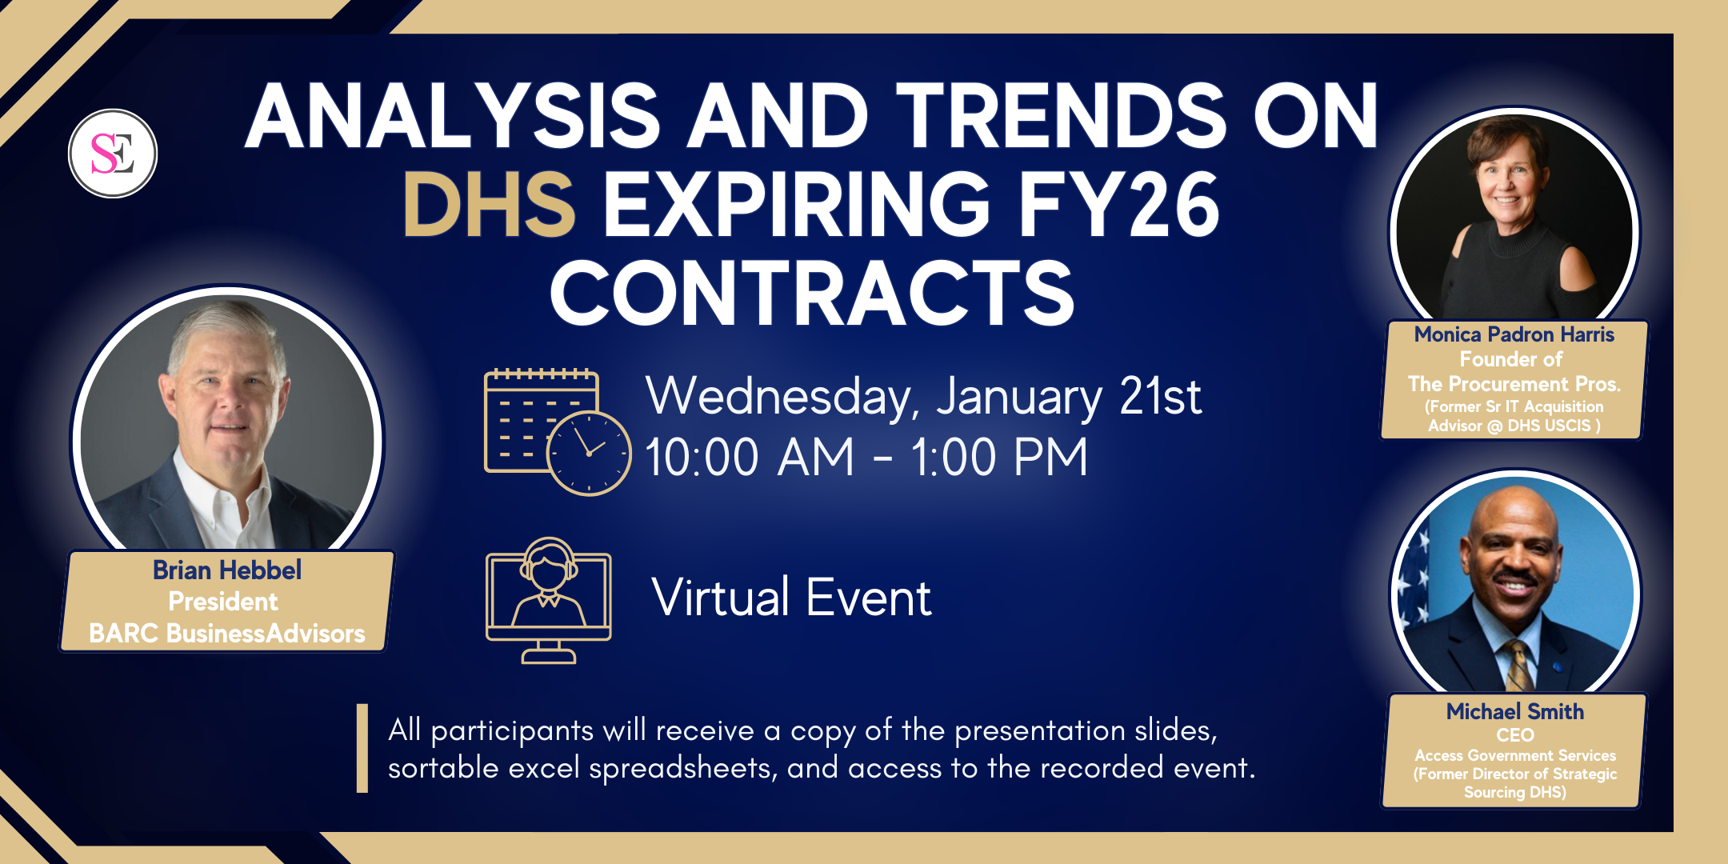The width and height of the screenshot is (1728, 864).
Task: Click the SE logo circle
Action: coord(113,154)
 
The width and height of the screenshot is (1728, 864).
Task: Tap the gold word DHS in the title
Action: coord(489,205)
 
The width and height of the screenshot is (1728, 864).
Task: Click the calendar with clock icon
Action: coord(558,432)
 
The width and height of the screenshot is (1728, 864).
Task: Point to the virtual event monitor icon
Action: coord(549,600)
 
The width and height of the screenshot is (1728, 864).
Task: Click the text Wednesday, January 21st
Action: coord(924,397)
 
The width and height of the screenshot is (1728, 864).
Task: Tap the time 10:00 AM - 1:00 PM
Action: coord(866,458)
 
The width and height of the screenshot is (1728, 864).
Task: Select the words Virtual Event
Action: coord(792,597)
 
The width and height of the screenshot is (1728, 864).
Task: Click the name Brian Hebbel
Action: coord(227,570)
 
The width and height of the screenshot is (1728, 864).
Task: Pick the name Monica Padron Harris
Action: coord(1514,334)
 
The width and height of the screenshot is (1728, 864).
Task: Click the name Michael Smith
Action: coord(1515,711)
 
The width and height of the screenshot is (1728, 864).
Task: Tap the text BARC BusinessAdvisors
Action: coord(227,634)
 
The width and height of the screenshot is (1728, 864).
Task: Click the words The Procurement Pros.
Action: coord(1514,384)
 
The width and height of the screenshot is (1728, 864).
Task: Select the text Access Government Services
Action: coord(1515,755)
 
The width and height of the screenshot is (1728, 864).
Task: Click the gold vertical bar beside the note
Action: coord(362,748)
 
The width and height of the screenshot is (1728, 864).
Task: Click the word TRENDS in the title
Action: coord(1061,117)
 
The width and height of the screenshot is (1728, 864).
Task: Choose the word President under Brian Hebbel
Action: coord(223,602)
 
